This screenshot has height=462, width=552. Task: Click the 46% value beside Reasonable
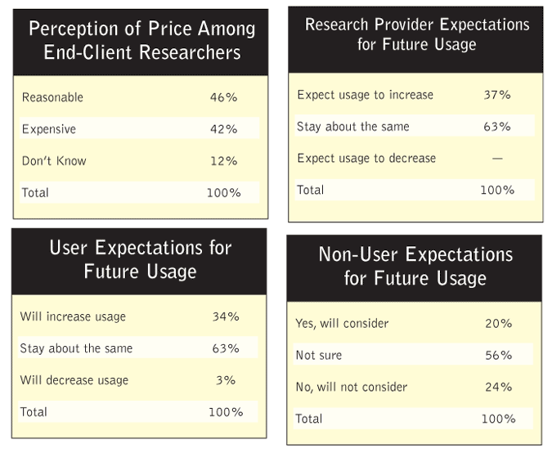pos(222,97)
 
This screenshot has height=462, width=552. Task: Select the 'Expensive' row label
pos(49,129)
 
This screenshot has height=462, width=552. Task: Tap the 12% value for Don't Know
pos(222,161)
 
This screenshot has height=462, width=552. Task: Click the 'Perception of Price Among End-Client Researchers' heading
pos(141,41)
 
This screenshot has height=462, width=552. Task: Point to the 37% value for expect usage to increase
pos(496,95)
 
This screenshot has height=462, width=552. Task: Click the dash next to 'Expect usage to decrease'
pos(497,159)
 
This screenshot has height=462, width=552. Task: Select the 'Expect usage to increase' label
pos(365,95)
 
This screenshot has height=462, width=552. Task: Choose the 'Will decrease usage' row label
pos(74,380)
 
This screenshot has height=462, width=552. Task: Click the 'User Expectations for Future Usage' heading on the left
pos(140,259)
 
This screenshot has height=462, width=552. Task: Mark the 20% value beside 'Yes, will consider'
pos(497,323)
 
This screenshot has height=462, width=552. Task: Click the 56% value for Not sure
pos(497,356)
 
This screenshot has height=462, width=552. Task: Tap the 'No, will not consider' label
pos(351,387)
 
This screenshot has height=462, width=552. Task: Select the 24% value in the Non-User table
pos(497,387)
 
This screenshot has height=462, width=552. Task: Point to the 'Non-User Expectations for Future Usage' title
pos(415,266)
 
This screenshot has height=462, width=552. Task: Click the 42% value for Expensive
pos(222,129)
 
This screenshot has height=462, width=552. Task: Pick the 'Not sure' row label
pos(319,356)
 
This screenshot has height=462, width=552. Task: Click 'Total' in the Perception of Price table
pos(35,193)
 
